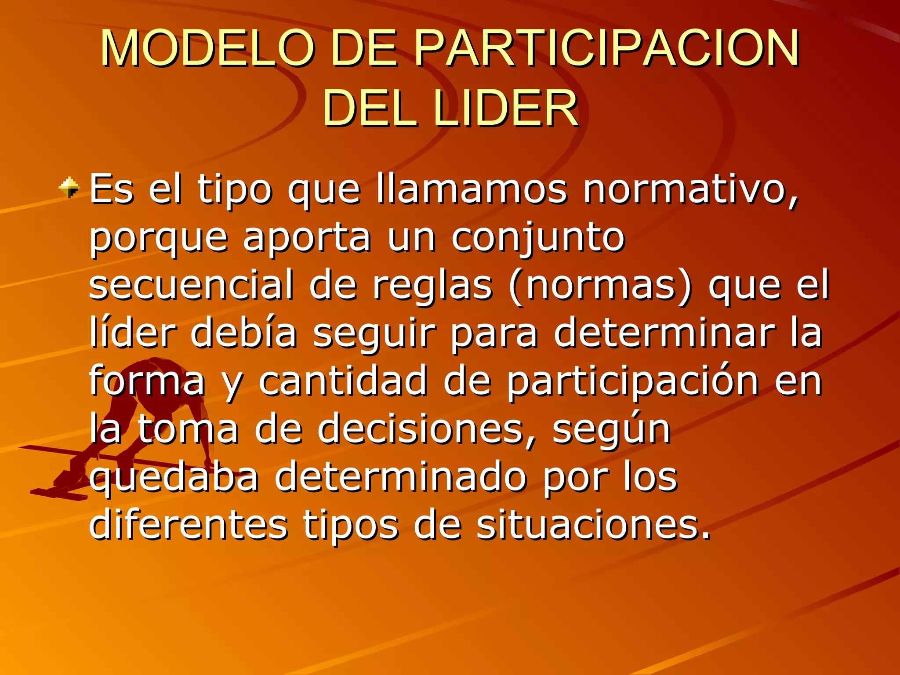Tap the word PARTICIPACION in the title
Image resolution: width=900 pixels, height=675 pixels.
[606, 48]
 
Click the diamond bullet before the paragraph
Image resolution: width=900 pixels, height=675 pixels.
[69, 188]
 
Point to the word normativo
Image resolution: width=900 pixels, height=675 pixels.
[690, 190]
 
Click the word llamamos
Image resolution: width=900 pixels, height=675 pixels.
[472, 190]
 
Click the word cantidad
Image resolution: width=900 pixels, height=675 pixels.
[343, 381]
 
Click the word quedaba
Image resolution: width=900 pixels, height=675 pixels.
[174, 478]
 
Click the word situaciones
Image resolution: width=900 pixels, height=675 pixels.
[593, 525]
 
